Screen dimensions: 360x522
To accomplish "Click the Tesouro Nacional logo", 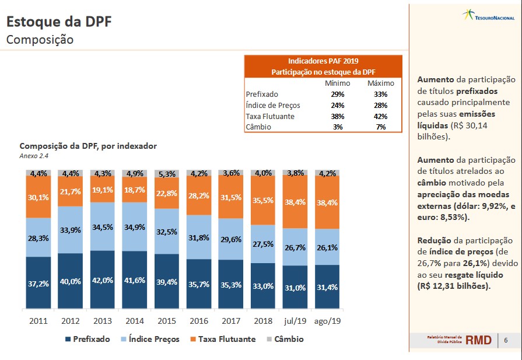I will (488, 16).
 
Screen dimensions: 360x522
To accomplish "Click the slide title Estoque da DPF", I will (58, 22).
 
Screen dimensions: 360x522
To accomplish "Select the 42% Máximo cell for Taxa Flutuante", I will (381, 116).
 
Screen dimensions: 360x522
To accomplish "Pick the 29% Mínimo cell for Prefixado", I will (337, 94).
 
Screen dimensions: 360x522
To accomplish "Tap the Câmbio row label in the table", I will (258, 127).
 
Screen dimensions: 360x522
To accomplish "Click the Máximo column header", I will (381, 83).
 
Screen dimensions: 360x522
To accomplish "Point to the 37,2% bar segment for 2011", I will (38, 284).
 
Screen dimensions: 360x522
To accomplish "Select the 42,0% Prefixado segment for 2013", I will (103, 279).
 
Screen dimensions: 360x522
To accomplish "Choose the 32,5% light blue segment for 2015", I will (167, 232).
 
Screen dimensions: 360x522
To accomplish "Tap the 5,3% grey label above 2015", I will (167, 173).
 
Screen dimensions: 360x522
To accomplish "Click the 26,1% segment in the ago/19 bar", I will (327, 247).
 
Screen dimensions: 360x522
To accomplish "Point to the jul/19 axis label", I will (295, 321).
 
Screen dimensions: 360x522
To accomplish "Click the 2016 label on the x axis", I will (199, 321).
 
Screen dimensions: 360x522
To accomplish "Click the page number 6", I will (506, 340).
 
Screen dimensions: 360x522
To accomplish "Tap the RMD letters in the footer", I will (478, 340).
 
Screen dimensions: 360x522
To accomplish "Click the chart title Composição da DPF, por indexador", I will (88, 146).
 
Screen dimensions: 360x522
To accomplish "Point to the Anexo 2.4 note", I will (34, 156).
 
